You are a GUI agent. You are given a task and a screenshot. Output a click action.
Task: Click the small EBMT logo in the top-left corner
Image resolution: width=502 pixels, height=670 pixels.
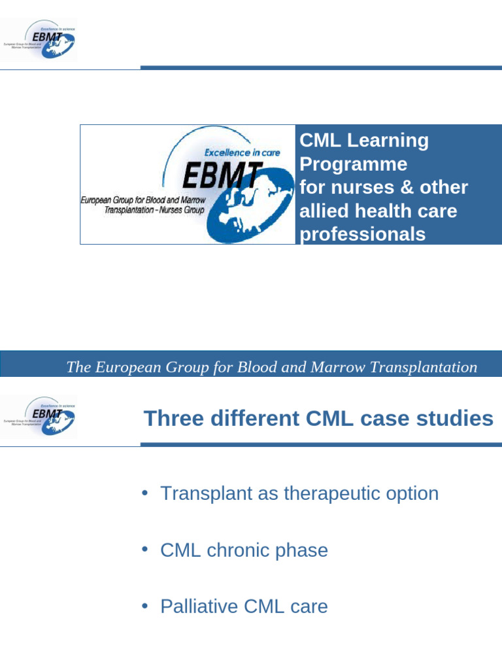(x=39, y=39)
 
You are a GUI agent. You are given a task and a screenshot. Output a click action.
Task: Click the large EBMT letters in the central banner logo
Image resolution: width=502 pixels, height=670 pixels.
(x=222, y=175)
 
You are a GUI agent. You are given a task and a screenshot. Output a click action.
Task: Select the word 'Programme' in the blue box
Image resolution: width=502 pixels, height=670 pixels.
(x=353, y=164)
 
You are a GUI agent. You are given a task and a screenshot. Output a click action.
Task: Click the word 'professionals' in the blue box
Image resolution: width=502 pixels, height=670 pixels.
(x=362, y=234)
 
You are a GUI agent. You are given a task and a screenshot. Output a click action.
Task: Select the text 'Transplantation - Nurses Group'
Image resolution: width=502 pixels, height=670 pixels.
(x=154, y=210)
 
